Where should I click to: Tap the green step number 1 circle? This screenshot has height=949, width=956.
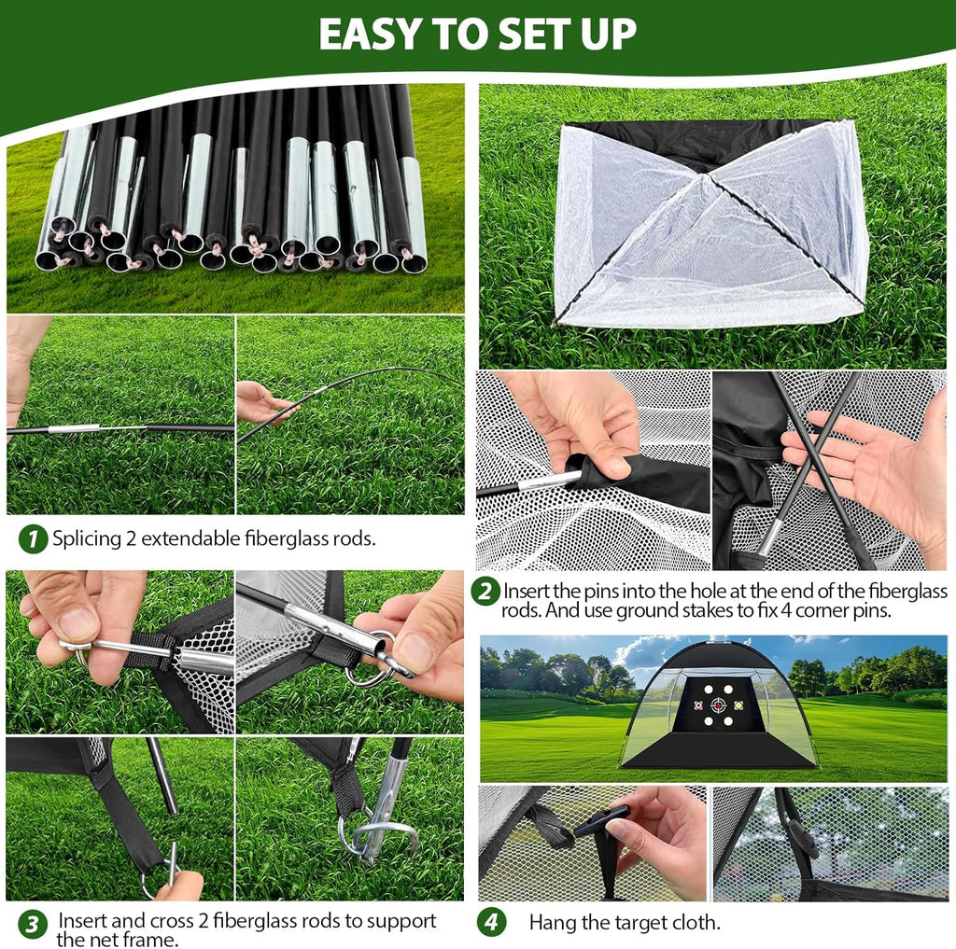[33, 538]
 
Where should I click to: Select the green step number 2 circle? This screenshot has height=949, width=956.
[485, 592]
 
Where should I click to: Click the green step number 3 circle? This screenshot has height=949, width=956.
[33, 924]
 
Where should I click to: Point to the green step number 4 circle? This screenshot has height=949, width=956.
[492, 922]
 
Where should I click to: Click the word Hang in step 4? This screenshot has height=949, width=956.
[552, 923]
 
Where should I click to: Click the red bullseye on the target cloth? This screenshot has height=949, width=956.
[718, 705]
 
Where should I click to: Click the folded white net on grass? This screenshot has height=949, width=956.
[710, 224]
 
